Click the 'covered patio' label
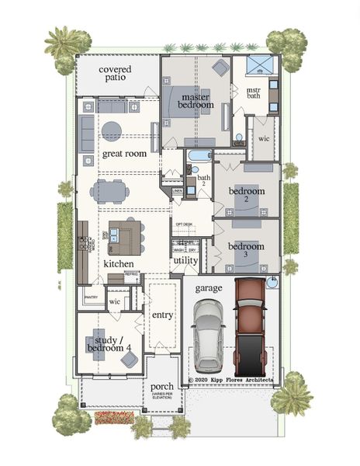click(115, 75)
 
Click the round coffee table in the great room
click(112, 129)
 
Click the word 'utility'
click(185, 261)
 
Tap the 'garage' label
click(209, 287)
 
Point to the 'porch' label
click(162, 386)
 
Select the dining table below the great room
click(116, 191)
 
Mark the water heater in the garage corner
click(272, 283)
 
